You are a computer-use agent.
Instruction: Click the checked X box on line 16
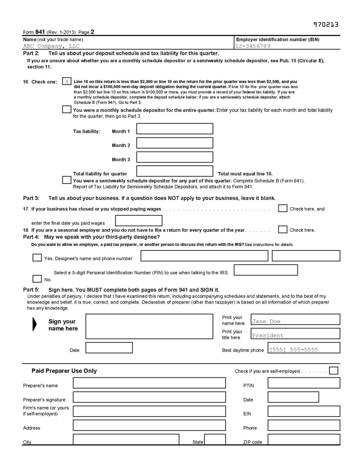67,82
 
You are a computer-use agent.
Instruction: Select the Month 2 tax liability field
174,143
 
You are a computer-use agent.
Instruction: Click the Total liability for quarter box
174,171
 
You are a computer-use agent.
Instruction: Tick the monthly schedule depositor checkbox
67,110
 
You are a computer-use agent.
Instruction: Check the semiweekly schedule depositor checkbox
67,180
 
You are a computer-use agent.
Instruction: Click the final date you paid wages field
139,221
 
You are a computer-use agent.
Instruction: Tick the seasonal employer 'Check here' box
283,230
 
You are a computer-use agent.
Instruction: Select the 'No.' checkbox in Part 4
37,279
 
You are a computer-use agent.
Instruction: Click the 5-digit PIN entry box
266,270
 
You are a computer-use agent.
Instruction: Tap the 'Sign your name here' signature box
149,326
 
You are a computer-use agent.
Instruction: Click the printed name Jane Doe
266,321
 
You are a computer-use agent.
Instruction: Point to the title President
268,336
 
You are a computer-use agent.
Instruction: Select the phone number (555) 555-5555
294,350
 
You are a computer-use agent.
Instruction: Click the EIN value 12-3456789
253,46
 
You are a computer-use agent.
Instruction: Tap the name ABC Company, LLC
51,46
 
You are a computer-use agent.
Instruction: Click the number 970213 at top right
326,25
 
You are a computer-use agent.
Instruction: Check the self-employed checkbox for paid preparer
333,370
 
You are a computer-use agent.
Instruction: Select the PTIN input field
303,383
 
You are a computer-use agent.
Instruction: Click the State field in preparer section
215,439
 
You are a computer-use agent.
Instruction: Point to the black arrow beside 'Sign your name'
35,324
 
